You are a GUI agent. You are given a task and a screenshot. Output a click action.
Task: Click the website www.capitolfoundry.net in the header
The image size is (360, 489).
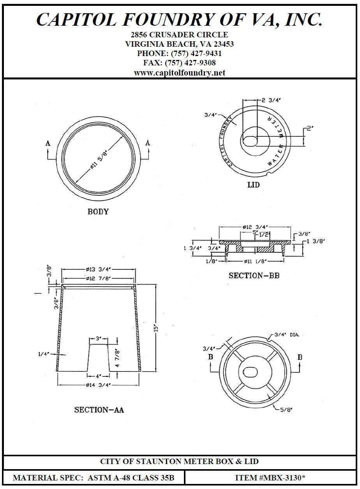(x=180, y=72)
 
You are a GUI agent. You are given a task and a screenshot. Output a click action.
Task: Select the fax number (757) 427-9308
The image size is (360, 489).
(x=191, y=63)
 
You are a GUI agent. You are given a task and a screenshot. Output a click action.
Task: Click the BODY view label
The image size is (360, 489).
(x=98, y=212)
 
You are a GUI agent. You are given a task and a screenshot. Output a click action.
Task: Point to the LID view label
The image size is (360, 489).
(x=253, y=185)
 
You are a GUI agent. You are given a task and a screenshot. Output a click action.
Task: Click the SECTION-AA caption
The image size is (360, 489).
(x=99, y=410)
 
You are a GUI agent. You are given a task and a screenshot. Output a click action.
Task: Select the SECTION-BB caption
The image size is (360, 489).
(x=254, y=276)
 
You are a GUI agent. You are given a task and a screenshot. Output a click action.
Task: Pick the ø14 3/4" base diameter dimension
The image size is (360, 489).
(x=99, y=385)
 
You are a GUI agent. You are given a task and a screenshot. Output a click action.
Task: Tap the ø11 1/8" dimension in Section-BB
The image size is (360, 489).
(x=255, y=262)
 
